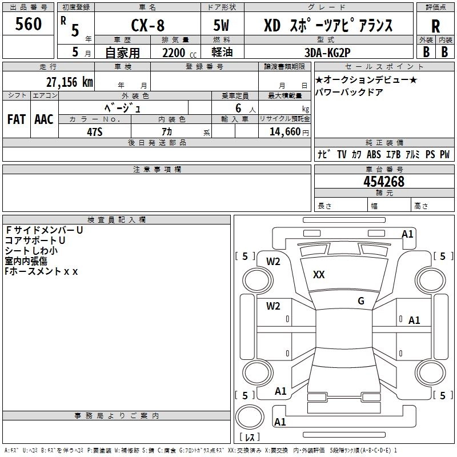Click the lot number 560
(x=28, y=23)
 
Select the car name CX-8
(x=148, y=25)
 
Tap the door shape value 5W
(x=221, y=25)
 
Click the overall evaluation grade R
(x=435, y=26)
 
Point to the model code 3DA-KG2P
(x=327, y=53)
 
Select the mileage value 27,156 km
(x=70, y=82)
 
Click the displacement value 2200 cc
(x=179, y=53)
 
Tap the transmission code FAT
(x=17, y=119)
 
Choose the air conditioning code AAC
(x=44, y=119)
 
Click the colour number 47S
(x=94, y=132)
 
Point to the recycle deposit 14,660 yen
(x=289, y=132)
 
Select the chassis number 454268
(x=384, y=182)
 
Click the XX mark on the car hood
(x=319, y=275)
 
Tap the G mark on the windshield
(x=361, y=300)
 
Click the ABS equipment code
(x=374, y=154)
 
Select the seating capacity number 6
(x=238, y=108)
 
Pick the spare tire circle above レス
(x=250, y=418)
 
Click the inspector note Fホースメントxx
(x=41, y=271)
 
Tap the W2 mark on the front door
(x=273, y=306)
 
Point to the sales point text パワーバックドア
(x=349, y=92)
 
